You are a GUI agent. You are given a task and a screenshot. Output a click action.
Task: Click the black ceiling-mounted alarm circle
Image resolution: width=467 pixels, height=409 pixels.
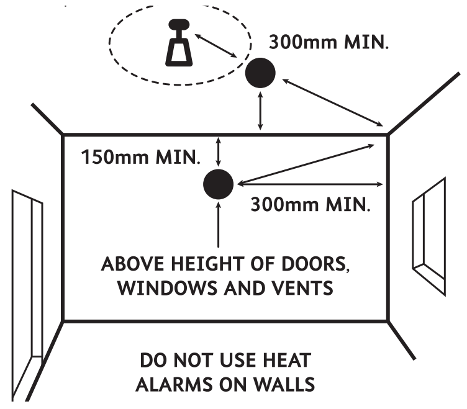[260, 74]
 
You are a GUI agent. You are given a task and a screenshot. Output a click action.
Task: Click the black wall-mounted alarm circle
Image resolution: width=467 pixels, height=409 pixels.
[218, 184]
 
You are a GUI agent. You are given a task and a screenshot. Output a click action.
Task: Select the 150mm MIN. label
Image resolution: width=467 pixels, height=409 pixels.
[142, 156]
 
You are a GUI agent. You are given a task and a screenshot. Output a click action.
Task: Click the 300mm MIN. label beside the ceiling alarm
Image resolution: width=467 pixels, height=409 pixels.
[329, 44]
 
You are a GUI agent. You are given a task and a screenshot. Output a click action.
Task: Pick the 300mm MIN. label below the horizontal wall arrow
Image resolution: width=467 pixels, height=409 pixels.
[310, 204]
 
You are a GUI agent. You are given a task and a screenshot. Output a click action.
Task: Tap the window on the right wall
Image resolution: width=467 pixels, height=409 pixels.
[429, 230]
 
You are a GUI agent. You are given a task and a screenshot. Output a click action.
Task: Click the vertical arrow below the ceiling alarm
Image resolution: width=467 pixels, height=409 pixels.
[260, 112]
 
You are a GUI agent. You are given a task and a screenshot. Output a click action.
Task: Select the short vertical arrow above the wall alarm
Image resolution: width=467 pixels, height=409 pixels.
[217, 151]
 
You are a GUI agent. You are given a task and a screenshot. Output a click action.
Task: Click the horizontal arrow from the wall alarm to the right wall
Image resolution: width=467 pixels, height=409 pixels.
[310, 184]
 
